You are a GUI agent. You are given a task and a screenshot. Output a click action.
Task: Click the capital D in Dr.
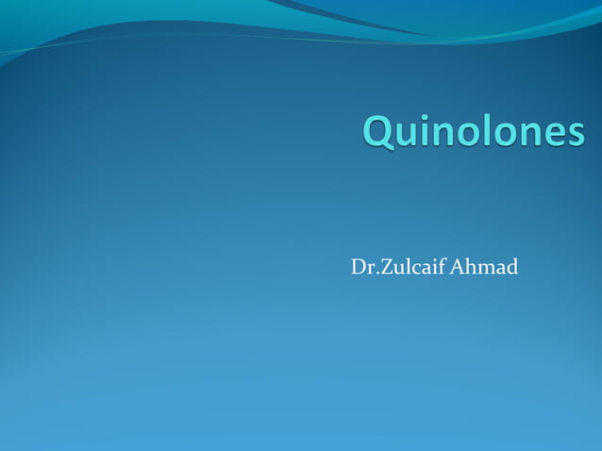tap(359, 268)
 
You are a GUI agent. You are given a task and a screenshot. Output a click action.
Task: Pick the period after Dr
tap(374, 275)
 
